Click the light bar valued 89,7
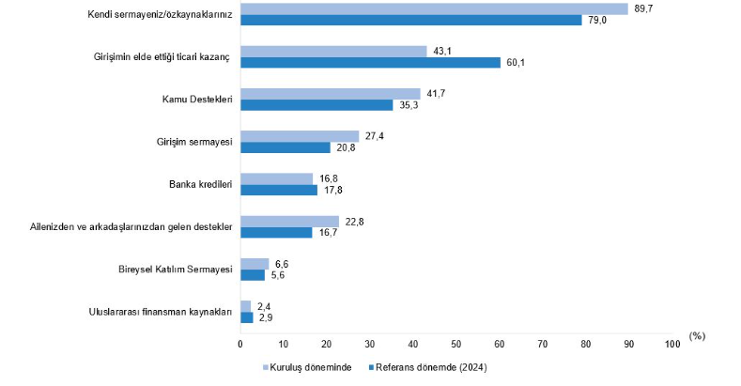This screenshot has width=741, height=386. pos(434,8)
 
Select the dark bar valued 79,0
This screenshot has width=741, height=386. pos(410,20)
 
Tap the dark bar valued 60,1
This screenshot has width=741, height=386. pos(370,62)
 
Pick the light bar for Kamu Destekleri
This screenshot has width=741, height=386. pos(330,94)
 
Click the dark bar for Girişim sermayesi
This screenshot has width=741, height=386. pos(286,147)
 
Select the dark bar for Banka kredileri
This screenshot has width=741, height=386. pos(279,190)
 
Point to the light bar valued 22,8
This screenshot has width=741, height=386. pos(289,222)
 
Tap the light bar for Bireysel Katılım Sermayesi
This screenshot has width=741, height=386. pos(255,264)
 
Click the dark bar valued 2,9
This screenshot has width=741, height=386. pos(247,317)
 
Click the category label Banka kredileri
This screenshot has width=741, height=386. pos(193,184)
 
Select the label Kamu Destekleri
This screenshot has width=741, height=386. pos(197,100)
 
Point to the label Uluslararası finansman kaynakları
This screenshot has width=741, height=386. pos(154,312)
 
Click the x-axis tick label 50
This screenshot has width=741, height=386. pos(456,346)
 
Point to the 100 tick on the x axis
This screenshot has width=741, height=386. pos(672,346)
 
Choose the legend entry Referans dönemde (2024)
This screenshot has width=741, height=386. pos(431,367)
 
